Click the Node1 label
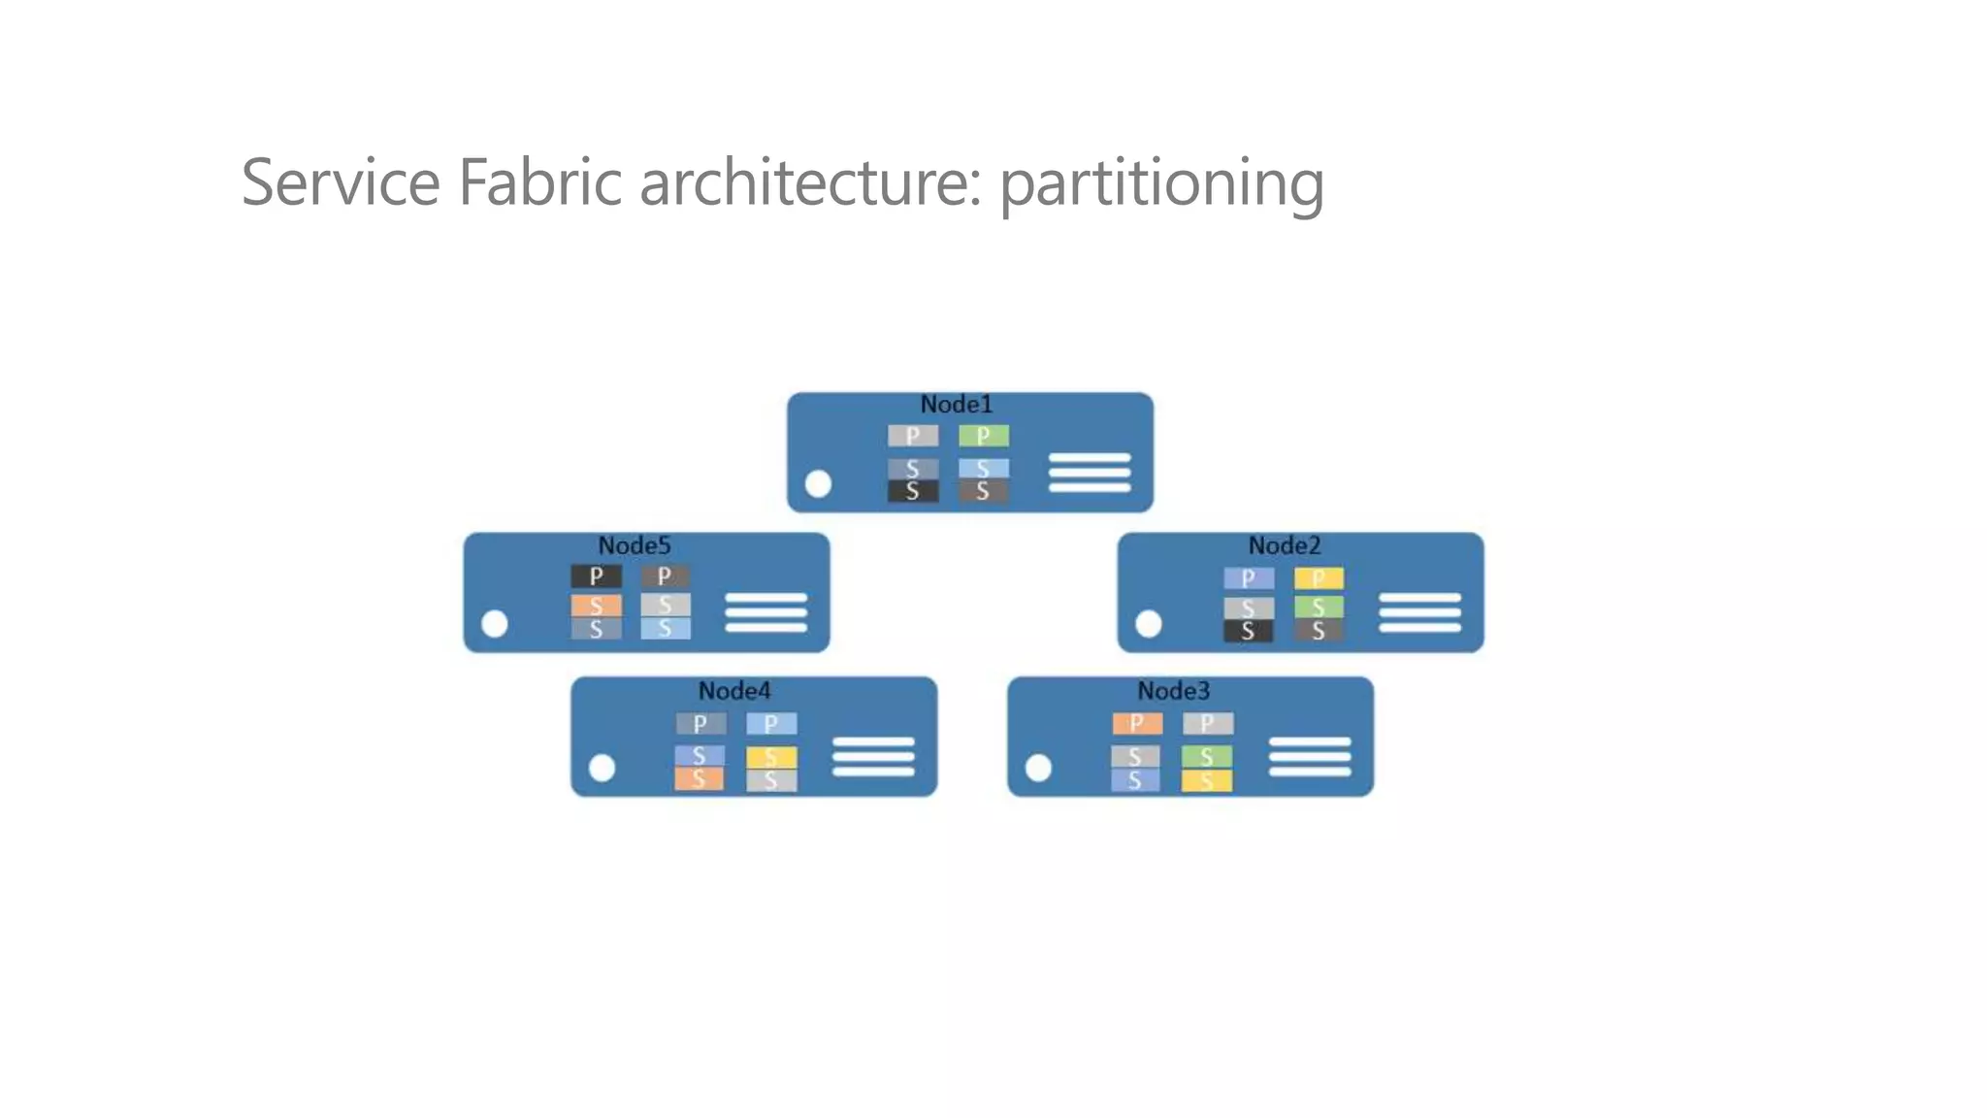pyautogui.click(x=956, y=404)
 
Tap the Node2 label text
pyautogui.click(x=1284, y=545)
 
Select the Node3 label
pyautogui.click(x=1173, y=691)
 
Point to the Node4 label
pyautogui.click(x=734, y=691)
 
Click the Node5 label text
pyautogui.click(x=634, y=545)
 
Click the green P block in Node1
pyautogui.click(x=983, y=436)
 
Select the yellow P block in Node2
pyautogui.click(x=1319, y=578)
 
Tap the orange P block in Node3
pyautogui.click(x=1136, y=723)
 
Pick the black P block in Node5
pyautogui.click(x=596, y=576)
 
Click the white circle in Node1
pyautogui.click(x=818, y=483)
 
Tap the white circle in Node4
pyautogui.click(x=602, y=768)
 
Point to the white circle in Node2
pyautogui.click(x=1148, y=623)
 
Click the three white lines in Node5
pyautogui.click(x=765, y=612)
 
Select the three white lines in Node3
pyautogui.click(x=1309, y=757)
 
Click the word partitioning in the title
pyautogui.click(x=1161, y=184)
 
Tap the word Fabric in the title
pyautogui.click(x=539, y=182)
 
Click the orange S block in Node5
pyautogui.click(x=596, y=606)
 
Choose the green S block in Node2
pyautogui.click(x=1319, y=607)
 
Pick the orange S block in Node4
pyautogui.click(x=699, y=778)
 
